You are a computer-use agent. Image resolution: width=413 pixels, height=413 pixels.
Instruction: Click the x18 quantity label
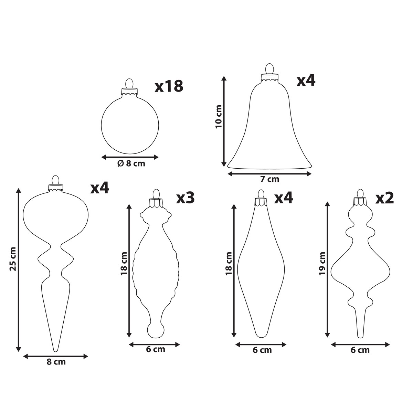pyautogui.click(x=169, y=86)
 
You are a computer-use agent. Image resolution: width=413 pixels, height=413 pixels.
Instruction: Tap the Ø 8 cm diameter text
pyautogui.click(x=131, y=164)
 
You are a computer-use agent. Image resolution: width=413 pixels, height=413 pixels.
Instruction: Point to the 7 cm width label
pyautogui.click(x=269, y=179)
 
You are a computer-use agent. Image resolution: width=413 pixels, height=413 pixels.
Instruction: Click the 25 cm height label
pyautogui.click(x=13, y=259)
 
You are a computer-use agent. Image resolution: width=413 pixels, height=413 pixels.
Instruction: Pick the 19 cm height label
pyautogui.click(x=322, y=264)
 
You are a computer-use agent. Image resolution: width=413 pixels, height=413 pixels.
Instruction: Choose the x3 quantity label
pyautogui.click(x=186, y=198)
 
